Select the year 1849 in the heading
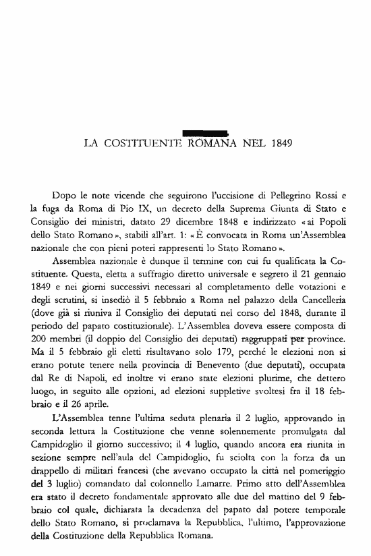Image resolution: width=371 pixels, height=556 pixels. [281, 143]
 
